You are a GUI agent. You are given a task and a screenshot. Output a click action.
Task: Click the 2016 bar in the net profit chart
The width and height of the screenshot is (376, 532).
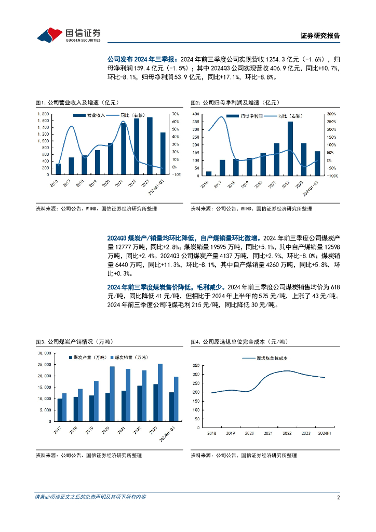tap(209, 173)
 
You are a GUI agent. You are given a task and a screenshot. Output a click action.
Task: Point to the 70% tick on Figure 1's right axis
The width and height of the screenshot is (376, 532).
tap(176, 113)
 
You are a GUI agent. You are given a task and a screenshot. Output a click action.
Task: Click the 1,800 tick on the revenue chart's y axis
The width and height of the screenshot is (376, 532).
tap(43, 113)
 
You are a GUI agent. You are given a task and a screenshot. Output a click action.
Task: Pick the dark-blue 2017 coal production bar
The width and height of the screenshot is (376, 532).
tap(60, 409)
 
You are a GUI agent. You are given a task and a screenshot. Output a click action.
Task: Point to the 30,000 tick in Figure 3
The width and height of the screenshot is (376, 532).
tap(44, 353)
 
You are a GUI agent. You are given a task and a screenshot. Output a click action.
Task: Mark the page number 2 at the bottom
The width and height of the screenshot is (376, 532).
tap(338, 498)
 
